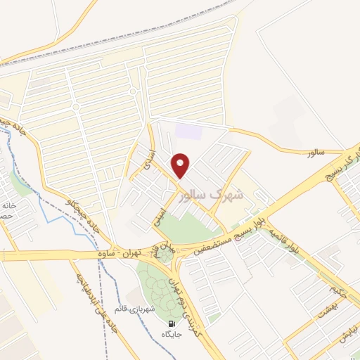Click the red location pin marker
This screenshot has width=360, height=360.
[x=181, y=165]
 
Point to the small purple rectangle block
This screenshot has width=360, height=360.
[x=188, y=131]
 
